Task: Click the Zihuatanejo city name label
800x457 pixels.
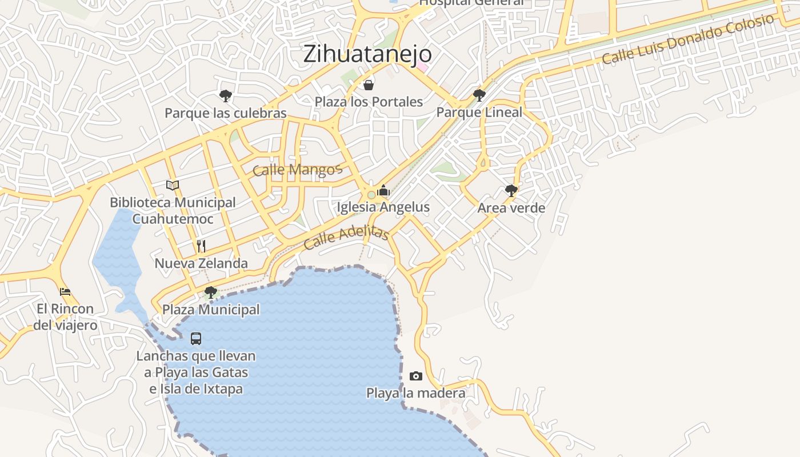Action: coord(367,54)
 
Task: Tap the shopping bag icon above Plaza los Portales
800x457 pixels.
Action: coord(369,85)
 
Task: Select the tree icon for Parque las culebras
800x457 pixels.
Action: coord(226,95)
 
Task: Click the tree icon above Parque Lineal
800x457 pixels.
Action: coord(479,95)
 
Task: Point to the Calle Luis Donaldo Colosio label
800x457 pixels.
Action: coord(688,39)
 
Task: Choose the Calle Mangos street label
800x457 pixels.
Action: coord(297,169)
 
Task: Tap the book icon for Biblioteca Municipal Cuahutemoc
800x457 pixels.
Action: coord(173,185)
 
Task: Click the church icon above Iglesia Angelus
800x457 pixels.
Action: coord(383,190)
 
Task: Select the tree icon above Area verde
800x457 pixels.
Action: coord(511,190)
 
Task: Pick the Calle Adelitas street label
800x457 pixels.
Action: coord(346,238)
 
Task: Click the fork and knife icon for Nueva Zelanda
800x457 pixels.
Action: coord(201,246)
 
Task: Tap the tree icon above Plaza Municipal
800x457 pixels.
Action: coord(211,292)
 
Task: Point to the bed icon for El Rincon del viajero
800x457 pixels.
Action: coord(65,291)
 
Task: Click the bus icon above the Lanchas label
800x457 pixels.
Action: coord(196,339)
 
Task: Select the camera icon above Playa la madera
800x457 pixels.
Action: coord(416,376)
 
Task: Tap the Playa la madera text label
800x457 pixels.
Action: coord(415,393)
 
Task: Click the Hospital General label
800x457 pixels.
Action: coord(471,2)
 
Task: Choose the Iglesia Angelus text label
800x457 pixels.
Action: coord(383,207)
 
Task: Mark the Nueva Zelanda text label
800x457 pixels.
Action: coord(201,263)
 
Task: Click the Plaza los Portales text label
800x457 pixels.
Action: coord(369,102)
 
